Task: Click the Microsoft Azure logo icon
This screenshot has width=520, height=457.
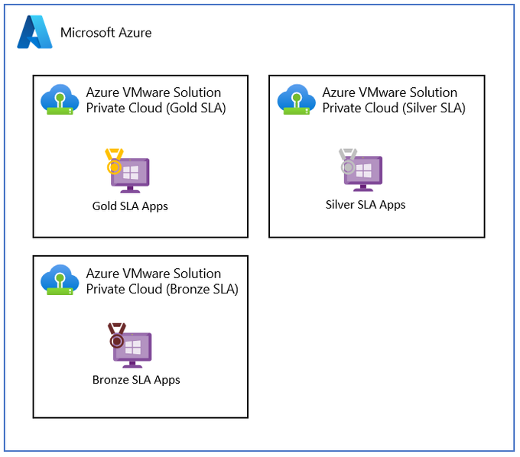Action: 35,32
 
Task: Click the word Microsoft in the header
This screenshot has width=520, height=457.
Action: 87,32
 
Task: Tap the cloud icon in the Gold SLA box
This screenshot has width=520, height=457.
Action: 60,99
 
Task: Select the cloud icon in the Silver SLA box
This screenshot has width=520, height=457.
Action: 297,99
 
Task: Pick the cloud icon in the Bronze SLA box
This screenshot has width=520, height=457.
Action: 60,280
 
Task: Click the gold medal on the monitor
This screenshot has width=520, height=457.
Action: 114,161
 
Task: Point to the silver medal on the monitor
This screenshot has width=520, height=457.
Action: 347,161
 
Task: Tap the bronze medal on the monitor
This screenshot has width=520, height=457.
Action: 117,335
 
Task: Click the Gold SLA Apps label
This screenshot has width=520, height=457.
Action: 130,206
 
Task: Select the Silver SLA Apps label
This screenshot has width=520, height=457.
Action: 366,205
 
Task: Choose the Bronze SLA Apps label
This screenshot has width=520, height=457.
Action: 136,380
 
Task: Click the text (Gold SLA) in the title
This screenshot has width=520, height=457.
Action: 196,108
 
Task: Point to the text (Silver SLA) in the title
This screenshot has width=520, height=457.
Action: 434,108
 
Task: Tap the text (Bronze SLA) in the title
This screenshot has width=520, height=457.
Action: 202,290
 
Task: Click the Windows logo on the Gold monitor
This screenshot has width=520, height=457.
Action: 131,172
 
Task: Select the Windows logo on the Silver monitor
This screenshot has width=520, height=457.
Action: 364,170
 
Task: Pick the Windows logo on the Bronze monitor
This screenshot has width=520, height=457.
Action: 133,347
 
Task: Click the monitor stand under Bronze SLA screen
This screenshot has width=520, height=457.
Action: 132,365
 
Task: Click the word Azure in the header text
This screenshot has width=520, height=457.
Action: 135,32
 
